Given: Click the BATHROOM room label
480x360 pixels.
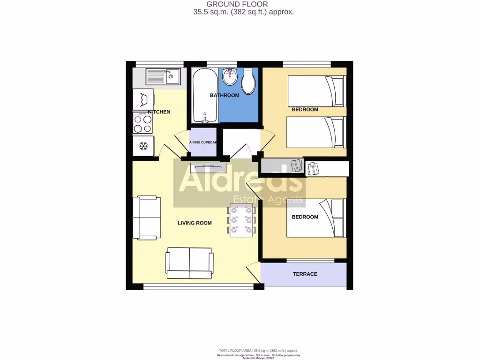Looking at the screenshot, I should (225, 96).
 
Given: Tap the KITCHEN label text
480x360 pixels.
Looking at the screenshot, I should (159, 112).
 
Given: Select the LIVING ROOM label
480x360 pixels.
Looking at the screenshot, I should (195, 223).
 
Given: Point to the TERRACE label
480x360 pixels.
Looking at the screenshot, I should (305, 274).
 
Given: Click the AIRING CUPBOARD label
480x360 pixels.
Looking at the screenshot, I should (203, 142).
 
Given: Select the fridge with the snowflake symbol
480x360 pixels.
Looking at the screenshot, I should (143, 146).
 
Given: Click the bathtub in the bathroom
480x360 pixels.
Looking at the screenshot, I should (204, 95).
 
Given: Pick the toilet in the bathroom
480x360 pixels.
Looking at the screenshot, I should (248, 81).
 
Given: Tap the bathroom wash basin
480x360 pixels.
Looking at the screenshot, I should (229, 76).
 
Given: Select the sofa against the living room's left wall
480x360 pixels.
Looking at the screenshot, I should (147, 218).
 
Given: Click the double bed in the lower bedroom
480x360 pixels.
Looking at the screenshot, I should (316, 218).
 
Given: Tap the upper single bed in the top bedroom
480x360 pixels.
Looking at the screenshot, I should (316, 90).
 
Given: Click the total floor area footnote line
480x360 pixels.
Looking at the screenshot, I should (258, 351).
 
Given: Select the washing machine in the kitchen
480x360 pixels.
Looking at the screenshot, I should (143, 99).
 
